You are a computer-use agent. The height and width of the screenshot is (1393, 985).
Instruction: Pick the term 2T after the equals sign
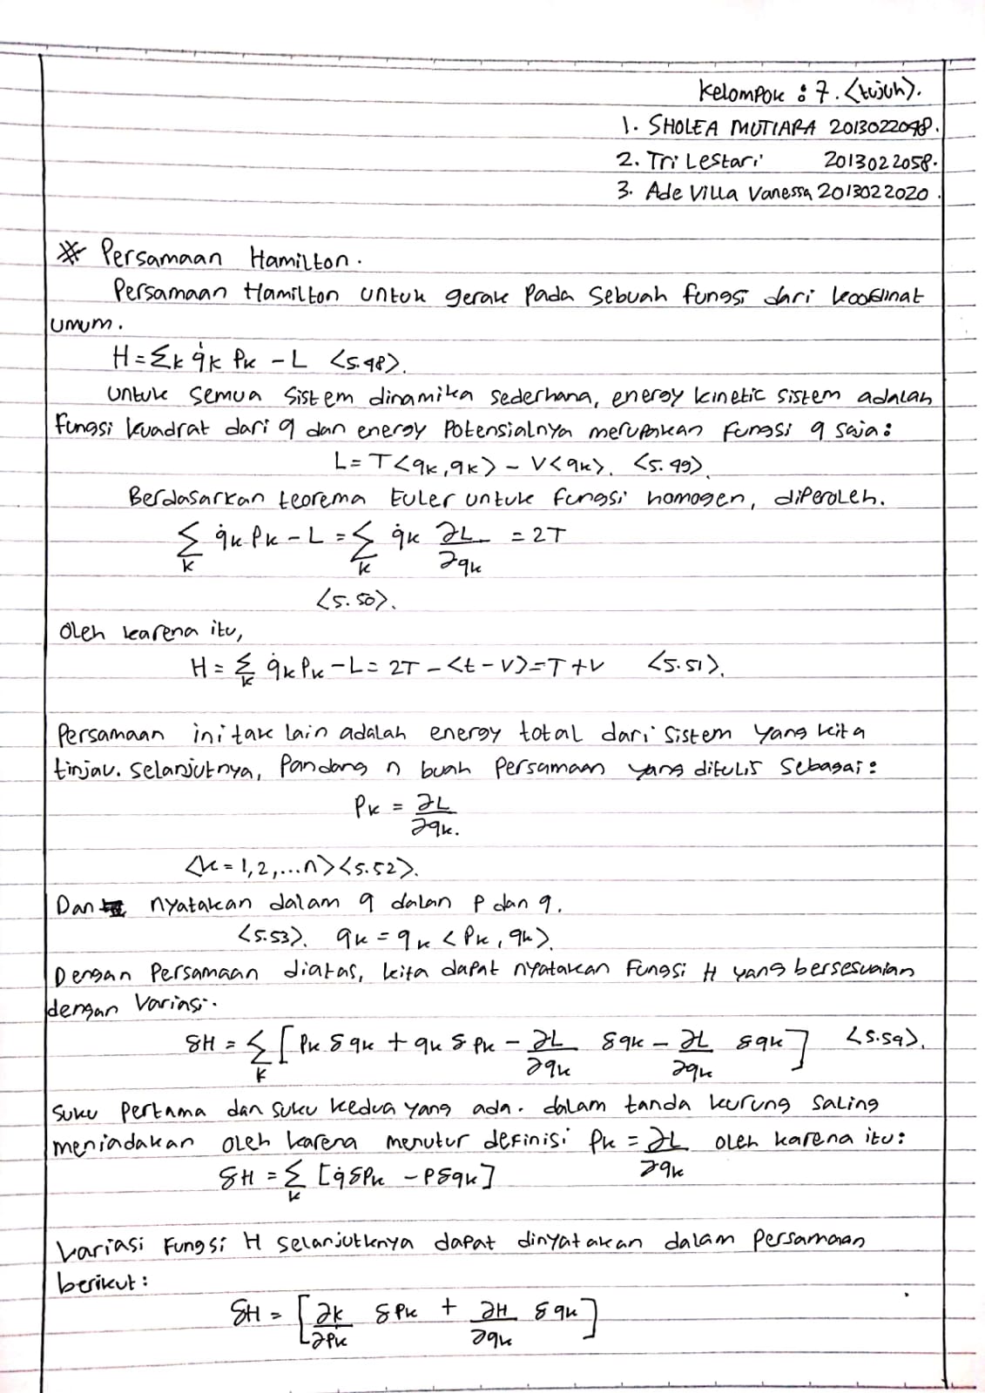[x=546, y=537]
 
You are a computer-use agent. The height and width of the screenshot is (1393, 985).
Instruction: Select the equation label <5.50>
[x=355, y=600]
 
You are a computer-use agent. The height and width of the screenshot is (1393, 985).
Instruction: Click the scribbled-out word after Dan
[x=114, y=905]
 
